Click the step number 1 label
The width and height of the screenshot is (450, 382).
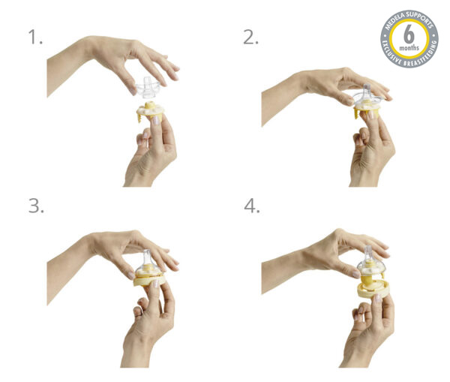click(x=35, y=38)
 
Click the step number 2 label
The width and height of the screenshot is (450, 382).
click(x=250, y=38)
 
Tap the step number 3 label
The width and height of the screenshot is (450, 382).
click(x=36, y=206)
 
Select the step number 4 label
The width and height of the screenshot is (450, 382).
click(x=252, y=206)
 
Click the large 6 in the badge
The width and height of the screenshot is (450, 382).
click(x=409, y=35)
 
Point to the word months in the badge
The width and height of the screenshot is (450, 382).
click(x=409, y=48)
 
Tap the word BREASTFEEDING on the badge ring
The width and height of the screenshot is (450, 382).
click(x=422, y=56)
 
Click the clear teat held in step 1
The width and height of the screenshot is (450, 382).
click(x=147, y=86)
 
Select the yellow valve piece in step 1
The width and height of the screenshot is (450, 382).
click(x=149, y=110)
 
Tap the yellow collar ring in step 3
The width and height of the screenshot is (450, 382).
click(x=150, y=281)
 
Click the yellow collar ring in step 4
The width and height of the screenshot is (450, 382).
click(x=373, y=289)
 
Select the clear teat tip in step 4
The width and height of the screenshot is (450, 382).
click(x=367, y=250)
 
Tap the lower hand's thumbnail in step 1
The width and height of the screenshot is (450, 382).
click(x=156, y=120)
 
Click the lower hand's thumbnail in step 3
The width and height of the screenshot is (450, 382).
click(x=156, y=284)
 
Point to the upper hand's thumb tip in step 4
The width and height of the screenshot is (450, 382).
click(x=355, y=274)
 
